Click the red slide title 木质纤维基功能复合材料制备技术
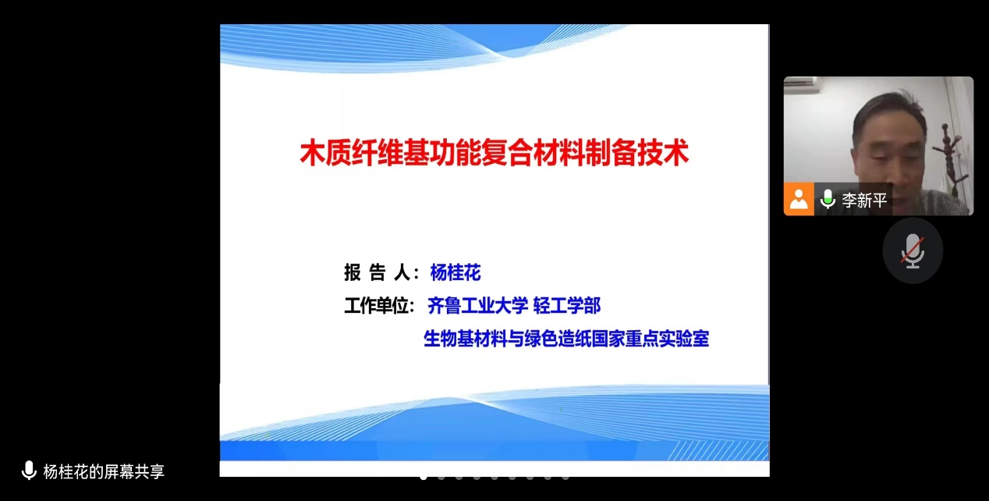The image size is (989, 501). pyautogui.click(x=494, y=153)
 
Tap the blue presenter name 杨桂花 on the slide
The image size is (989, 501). pyautogui.click(x=456, y=272)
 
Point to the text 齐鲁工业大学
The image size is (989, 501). pyautogui.click(x=477, y=306)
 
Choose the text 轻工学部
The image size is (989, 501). pyautogui.click(x=567, y=306)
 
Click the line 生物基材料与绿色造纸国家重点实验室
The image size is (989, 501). pyautogui.click(x=566, y=339)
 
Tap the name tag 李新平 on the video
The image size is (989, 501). pyautogui.click(x=864, y=201)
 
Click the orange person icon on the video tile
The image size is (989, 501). pyautogui.click(x=799, y=199)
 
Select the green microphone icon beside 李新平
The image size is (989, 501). pyautogui.click(x=828, y=200)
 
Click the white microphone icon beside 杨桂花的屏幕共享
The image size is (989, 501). pyautogui.click(x=29, y=470)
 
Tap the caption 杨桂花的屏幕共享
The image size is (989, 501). pyautogui.click(x=104, y=471)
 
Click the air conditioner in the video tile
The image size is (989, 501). pyautogui.click(x=800, y=84)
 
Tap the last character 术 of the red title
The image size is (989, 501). pyautogui.click(x=676, y=153)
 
